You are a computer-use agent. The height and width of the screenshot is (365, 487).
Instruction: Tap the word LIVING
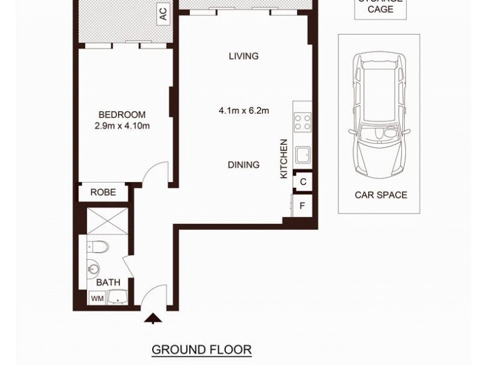pyautogui.click(x=243, y=57)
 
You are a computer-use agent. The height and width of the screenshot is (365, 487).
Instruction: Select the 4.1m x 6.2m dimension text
pyautogui.click(x=243, y=111)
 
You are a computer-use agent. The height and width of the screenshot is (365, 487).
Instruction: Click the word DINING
pyautogui.click(x=243, y=164)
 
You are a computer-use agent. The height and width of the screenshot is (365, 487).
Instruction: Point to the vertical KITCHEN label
pyautogui.click(x=283, y=159)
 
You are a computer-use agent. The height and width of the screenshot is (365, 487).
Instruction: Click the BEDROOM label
pyautogui.click(x=122, y=115)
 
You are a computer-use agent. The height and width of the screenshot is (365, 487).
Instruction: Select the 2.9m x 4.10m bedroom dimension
pyautogui.click(x=122, y=126)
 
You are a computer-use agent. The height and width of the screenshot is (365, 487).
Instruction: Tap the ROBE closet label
pyautogui.click(x=103, y=192)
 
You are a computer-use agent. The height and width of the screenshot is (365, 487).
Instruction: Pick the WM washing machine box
pyautogui.click(x=96, y=298)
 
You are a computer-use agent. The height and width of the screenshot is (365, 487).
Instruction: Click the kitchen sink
pyautogui.click(x=303, y=154)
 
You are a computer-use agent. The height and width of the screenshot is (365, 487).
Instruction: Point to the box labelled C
pyautogui.click(x=303, y=181)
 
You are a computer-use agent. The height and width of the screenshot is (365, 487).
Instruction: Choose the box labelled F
pyautogui.click(x=302, y=206)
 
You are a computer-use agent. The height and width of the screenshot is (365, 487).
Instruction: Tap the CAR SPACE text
pyautogui.click(x=380, y=195)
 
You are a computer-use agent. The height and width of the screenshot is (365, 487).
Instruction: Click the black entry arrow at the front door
pyautogui.click(x=152, y=317)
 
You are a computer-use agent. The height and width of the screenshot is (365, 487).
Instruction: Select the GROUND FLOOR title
pyautogui.click(x=201, y=350)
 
